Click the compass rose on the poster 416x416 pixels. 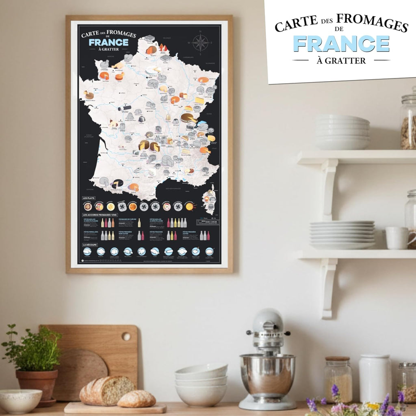pyautogui.click(x=200, y=43)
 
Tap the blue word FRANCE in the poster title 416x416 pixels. pyautogui.click(x=108, y=42)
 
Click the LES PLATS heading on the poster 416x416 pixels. pyautogui.click(x=88, y=198)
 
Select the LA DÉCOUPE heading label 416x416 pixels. pyautogui.click(x=89, y=245)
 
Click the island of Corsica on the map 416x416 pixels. pyautogui.click(x=210, y=199)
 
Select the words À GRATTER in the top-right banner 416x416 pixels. pyautogui.click(x=341, y=61)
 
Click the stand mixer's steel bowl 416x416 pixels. pyautogui.click(x=267, y=374)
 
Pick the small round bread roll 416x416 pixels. pyautogui.click(x=136, y=399)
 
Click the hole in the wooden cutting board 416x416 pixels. pyautogui.click(x=126, y=336)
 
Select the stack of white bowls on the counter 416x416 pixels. pyautogui.click(x=201, y=384)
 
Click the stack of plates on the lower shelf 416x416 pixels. pyautogui.click(x=342, y=234)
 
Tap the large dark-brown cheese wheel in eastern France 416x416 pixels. pyautogui.click(x=188, y=118)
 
